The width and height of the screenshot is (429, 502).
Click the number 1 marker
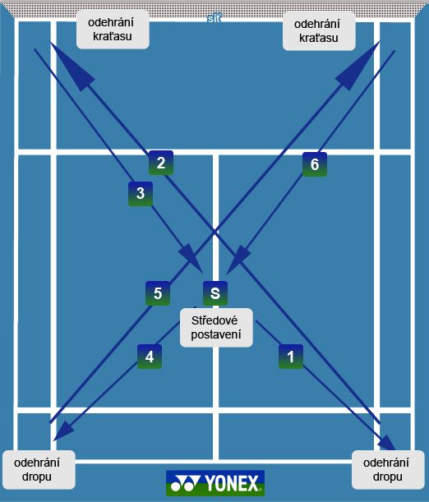point(291,357)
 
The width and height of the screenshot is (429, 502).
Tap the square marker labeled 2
point(161,163)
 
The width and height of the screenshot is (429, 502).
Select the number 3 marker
point(141,194)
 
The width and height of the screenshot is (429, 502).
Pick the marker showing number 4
point(150,357)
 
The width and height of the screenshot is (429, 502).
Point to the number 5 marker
point(158,293)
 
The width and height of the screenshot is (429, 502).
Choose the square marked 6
point(315,164)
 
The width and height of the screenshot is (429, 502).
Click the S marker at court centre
point(215,293)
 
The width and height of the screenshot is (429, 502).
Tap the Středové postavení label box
point(216,328)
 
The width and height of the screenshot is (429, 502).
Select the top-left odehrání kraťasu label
point(113,30)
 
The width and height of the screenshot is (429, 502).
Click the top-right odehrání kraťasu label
point(319,31)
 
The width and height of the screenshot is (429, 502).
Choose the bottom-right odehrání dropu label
point(388,470)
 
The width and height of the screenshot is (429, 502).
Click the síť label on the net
point(214,19)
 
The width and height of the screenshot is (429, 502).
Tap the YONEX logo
point(215,483)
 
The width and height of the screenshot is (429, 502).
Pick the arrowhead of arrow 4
point(63,431)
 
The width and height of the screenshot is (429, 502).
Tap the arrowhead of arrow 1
point(387,443)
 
